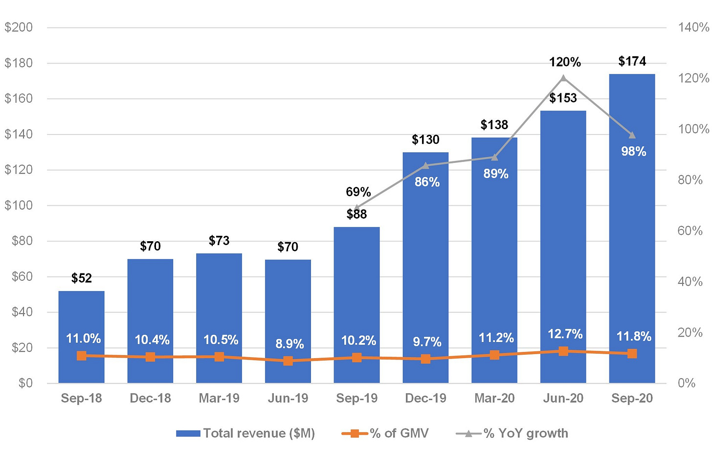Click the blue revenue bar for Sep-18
coord(81,337)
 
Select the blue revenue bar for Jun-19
coord(288,321)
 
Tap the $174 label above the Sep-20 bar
coord(632,61)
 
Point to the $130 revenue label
coord(425,139)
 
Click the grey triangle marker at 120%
coord(563,78)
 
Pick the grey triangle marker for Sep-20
coord(632,135)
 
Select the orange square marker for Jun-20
coord(563,351)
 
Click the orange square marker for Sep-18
coord(81,356)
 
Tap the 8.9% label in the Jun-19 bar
coord(289,344)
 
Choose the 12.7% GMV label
coord(565,334)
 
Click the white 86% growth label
coord(427,182)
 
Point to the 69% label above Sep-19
coord(358,192)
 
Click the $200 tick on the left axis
coord(19,27)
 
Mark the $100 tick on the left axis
coord(19,205)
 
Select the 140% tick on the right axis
coord(693,27)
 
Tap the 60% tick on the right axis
coord(690,231)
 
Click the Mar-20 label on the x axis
coord(494,398)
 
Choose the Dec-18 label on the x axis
coord(150,398)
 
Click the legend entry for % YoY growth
coord(512,433)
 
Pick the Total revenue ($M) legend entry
coord(245,433)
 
